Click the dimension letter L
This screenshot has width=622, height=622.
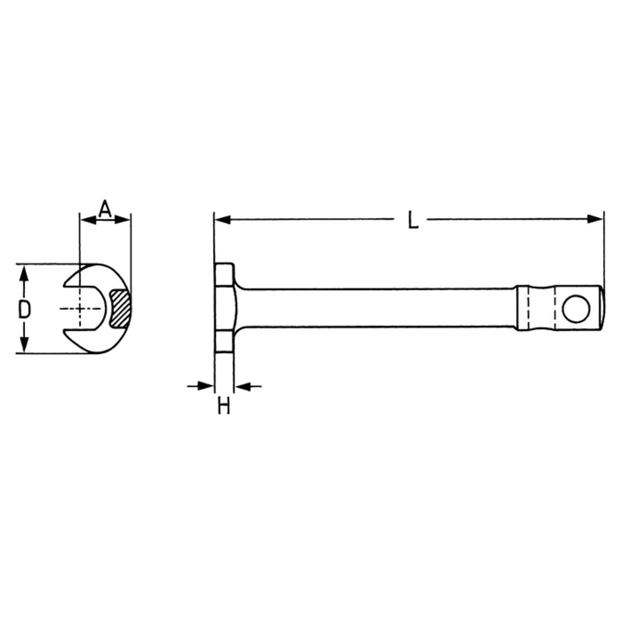click(412, 221)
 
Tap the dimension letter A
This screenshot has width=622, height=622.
click(104, 209)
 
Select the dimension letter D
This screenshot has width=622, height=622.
click(24, 309)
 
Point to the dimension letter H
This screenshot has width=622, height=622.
click(224, 407)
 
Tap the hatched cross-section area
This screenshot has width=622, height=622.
click(120, 308)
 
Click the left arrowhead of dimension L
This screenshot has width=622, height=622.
click(222, 219)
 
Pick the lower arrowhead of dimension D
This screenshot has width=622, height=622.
click(24, 346)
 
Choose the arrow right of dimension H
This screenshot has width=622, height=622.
click(243, 386)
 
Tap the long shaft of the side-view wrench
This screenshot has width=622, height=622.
click(374, 308)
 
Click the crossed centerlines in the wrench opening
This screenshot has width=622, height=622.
click(81, 309)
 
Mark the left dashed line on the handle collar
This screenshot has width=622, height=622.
click(527, 309)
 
